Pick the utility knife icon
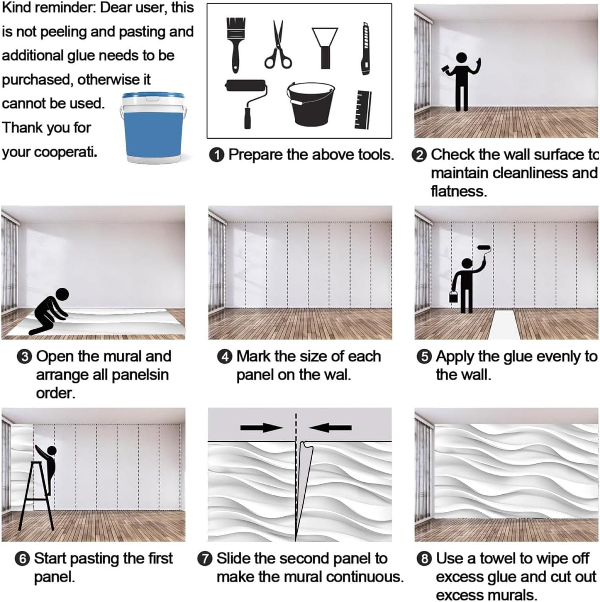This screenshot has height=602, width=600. coord(365,49)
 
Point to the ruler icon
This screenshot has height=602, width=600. coord(363,109)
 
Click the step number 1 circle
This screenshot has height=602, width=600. coord(217,155)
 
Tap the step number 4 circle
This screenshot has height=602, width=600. coord(225,356)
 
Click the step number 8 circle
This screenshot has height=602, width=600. coord(424,558)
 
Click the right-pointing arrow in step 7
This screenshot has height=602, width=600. coord(261,427)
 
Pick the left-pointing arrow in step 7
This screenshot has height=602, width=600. coord(330,427)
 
